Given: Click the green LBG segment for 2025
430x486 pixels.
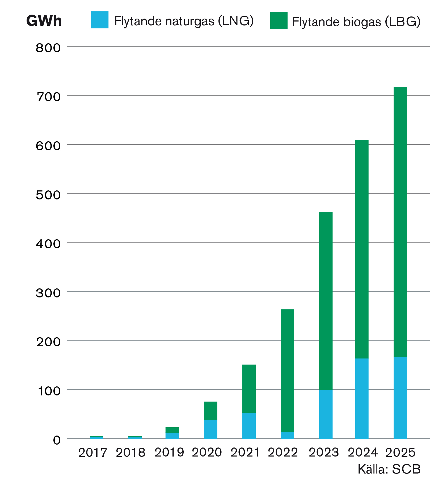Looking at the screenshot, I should [x=400, y=222].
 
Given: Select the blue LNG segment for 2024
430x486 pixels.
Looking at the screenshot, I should [x=362, y=398].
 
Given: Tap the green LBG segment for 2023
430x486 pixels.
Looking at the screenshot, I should [x=326, y=301].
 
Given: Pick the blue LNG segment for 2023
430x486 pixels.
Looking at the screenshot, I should [x=326, y=414].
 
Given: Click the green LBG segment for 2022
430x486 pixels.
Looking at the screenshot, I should [x=287, y=370].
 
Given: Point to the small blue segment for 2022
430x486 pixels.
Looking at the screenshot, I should [x=287, y=435].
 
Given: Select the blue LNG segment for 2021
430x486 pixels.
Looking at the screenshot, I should [x=249, y=425].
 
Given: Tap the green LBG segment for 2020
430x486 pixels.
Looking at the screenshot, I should [x=210, y=411].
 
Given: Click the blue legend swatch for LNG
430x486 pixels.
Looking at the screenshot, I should [x=100, y=20].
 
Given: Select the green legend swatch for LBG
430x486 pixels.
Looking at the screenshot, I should [x=279, y=20].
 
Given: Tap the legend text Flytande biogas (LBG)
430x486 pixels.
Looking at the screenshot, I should [x=356, y=22].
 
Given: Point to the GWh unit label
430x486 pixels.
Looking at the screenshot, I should [x=44, y=21].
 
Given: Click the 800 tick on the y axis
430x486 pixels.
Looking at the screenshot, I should [x=48, y=48].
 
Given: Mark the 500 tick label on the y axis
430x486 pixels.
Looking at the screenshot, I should [x=48, y=195].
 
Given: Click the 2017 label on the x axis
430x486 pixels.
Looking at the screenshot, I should [x=93, y=453].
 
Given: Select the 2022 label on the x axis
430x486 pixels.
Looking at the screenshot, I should [x=283, y=453].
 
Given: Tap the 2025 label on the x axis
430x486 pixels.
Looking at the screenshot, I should [x=400, y=453].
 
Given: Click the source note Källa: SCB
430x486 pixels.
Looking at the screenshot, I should [x=389, y=469].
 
